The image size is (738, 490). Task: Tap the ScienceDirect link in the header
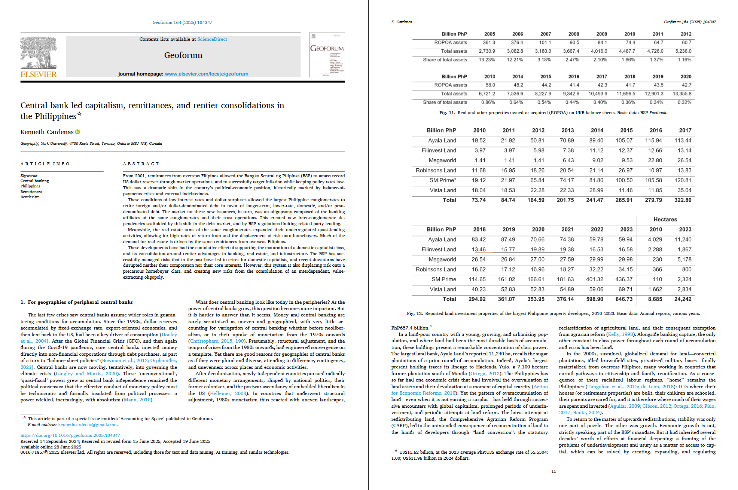click(x=212, y=39)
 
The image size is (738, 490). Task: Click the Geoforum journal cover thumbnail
click(x=327, y=55)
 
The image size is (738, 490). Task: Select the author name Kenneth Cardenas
click(x=47, y=132)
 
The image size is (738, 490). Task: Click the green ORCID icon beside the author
click(x=78, y=132)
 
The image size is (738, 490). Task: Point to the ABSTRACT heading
click(x=141, y=164)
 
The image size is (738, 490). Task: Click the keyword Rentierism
click(x=30, y=197)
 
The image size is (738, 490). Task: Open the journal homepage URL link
click(x=207, y=74)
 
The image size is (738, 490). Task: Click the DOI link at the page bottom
click(x=70, y=435)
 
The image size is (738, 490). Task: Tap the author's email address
click(x=88, y=425)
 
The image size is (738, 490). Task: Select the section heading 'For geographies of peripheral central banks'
click(x=80, y=302)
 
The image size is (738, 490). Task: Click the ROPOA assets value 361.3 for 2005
click(x=489, y=43)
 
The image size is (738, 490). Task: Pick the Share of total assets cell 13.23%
click(x=487, y=60)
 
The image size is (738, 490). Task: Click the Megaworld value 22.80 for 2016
click(x=655, y=160)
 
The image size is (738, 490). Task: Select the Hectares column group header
click(x=665, y=220)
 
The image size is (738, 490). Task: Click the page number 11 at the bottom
click(x=553, y=471)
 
